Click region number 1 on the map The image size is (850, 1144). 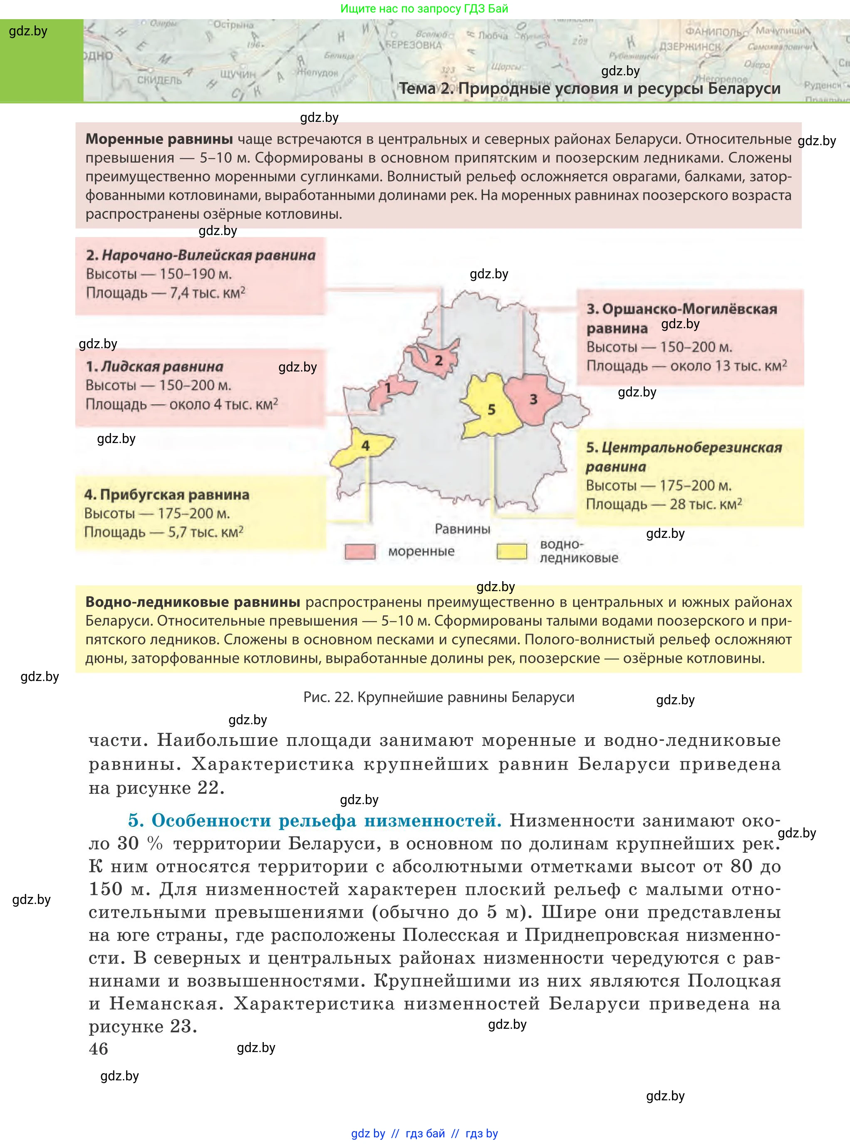(389, 389)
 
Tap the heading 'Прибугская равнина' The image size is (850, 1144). (167, 495)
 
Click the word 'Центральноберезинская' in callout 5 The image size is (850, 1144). (691, 448)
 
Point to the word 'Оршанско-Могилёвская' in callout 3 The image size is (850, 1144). (689, 309)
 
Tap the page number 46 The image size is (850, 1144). (98, 1048)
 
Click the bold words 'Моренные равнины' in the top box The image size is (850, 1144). (159, 139)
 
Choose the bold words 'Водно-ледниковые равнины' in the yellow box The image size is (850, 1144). (193, 602)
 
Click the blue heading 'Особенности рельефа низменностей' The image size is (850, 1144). (326, 820)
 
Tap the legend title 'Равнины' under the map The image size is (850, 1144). (462, 529)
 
